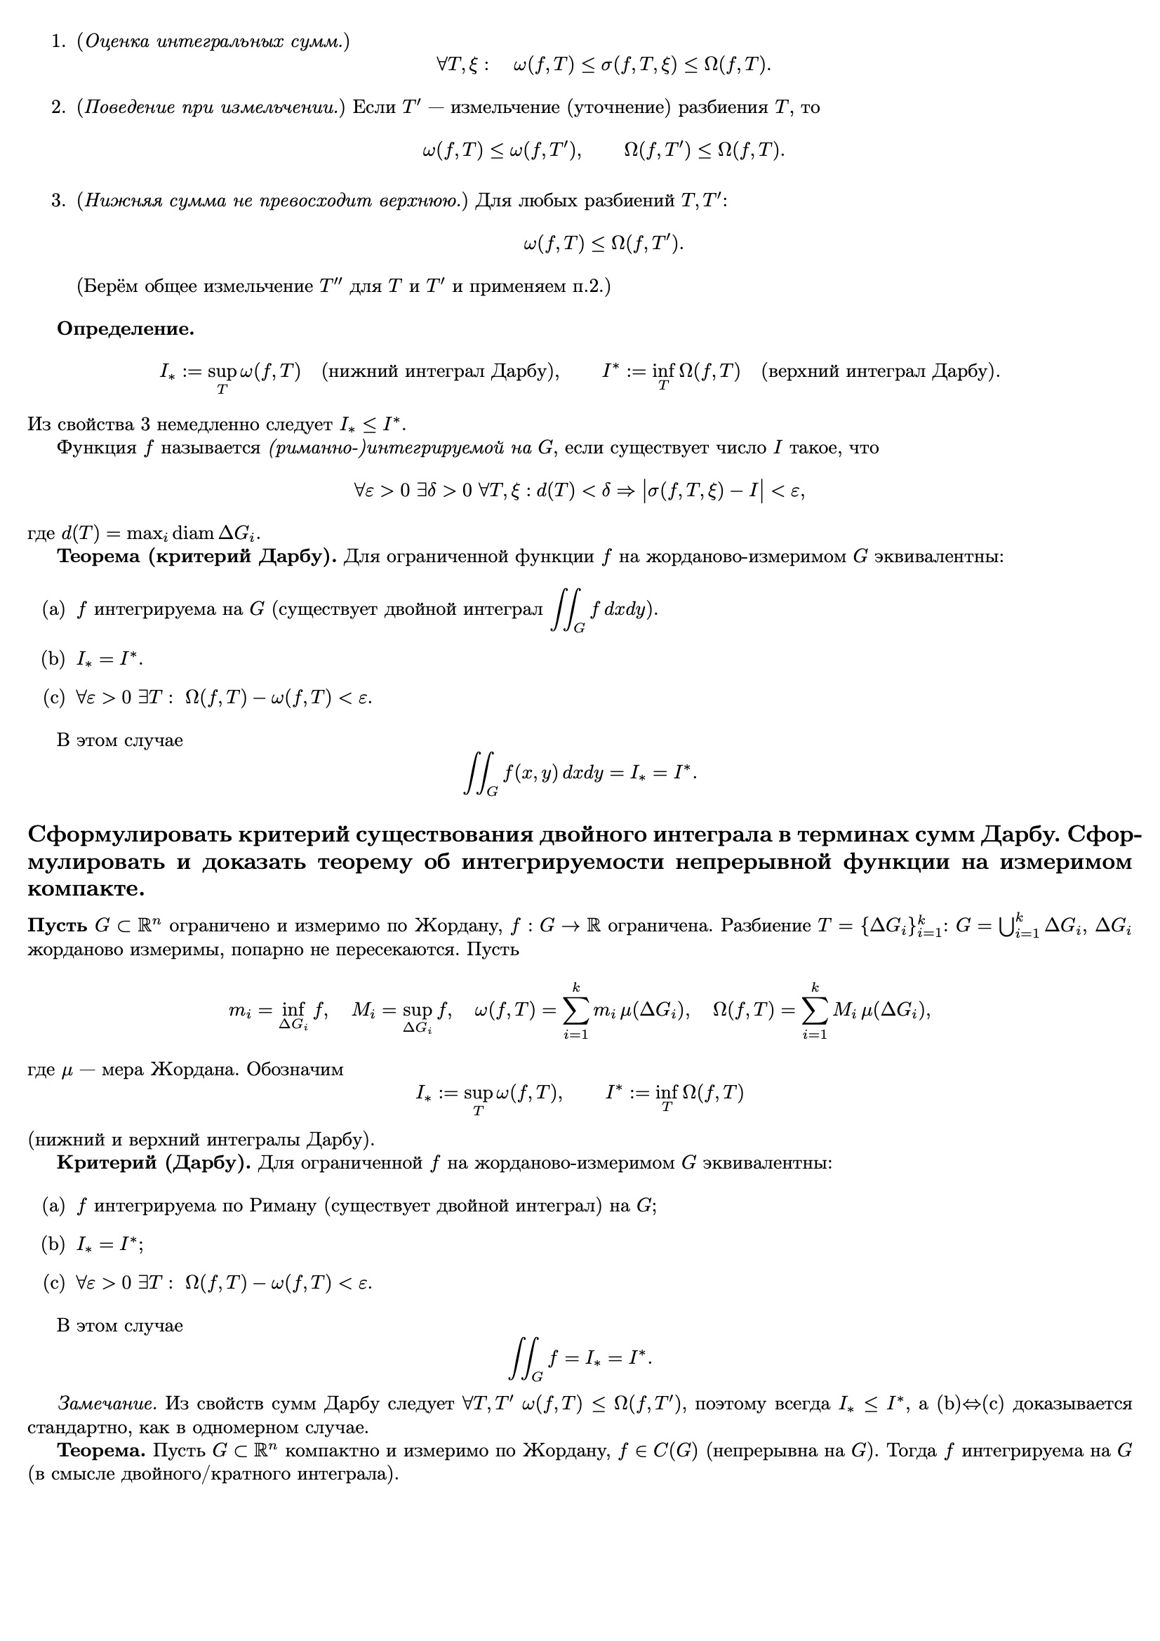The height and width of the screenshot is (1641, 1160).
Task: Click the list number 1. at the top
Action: pos(59,42)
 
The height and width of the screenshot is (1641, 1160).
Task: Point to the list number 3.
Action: pos(59,201)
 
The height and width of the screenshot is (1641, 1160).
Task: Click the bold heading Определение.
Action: pos(126,329)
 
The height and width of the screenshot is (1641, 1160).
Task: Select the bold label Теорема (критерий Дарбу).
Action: pos(196,557)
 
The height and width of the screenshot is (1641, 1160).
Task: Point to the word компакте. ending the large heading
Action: pos(86,890)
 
